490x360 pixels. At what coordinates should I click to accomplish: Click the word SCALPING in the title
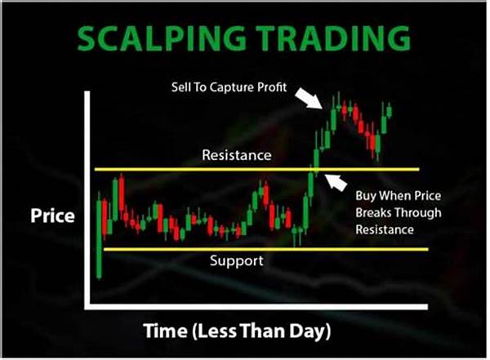click(161, 38)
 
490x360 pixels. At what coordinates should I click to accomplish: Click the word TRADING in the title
click(333, 38)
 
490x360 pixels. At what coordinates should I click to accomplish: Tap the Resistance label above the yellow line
click(237, 155)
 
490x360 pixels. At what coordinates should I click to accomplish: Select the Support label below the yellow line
click(237, 261)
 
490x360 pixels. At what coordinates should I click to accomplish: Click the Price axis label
click(52, 216)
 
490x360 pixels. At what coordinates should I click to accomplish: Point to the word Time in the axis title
click(165, 331)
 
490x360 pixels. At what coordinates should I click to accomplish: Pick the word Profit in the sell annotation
click(272, 87)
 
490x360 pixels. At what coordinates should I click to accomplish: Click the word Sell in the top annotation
click(180, 87)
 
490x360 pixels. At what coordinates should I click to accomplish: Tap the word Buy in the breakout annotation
click(366, 196)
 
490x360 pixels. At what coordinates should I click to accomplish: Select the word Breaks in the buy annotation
click(374, 213)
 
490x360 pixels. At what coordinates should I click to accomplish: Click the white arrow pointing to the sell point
click(309, 98)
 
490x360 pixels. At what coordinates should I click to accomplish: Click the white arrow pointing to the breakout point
click(336, 182)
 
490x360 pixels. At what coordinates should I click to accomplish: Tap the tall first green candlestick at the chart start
click(100, 235)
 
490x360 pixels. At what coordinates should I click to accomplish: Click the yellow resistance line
click(257, 170)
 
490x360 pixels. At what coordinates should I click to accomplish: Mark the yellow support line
click(266, 249)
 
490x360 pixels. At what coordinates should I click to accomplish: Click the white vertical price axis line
click(87, 200)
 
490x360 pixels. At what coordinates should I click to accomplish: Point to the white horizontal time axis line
click(256, 307)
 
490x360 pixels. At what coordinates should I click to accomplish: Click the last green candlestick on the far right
click(389, 111)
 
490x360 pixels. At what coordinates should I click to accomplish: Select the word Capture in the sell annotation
click(232, 87)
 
